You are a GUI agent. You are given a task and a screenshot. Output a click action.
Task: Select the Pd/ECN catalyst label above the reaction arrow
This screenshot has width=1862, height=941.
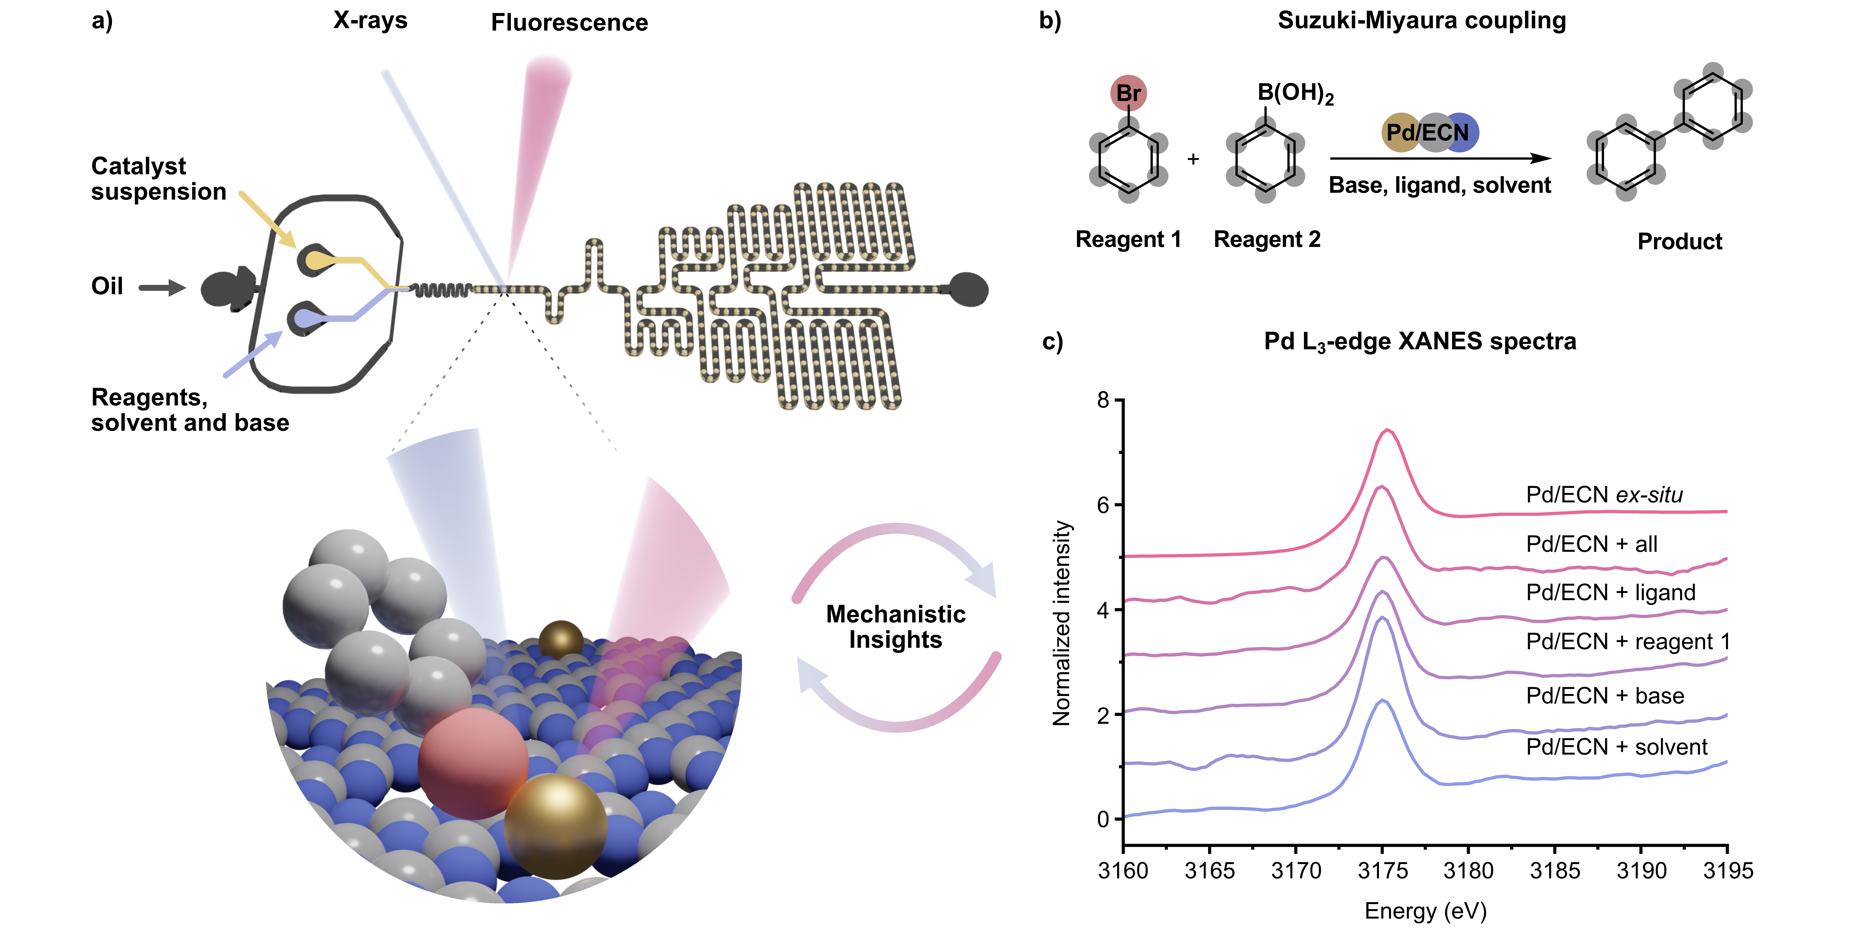(1428, 132)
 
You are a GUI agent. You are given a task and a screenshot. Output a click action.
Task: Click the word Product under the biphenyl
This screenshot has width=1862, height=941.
(1680, 241)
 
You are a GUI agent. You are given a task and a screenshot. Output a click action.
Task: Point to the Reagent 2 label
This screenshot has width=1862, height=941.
(1267, 239)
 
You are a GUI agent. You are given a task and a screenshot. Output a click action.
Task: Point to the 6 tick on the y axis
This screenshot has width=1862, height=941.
(1103, 505)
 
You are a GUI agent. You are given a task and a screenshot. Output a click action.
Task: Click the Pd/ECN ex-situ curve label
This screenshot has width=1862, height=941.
(1604, 495)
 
